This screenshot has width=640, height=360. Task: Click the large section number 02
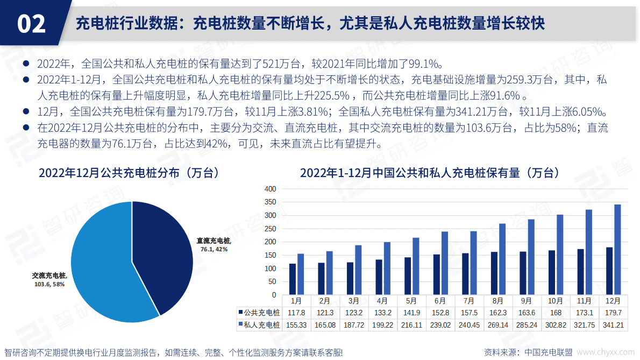(x=32, y=24)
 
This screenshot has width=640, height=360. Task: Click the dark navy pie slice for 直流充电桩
(x=161, y=253)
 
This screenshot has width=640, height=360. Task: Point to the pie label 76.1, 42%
(x=214, y=249)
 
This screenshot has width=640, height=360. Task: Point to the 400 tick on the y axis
(x=270, y=189)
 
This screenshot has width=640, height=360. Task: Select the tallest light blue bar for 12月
(x=617, y=250)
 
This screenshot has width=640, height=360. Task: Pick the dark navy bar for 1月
(x=293, y=279)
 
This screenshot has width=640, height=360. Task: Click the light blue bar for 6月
(x=445, y=263)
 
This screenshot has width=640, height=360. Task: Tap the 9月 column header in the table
(x=527, y=301)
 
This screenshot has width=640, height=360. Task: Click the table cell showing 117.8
(x=296, y=313)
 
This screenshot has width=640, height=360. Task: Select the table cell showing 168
(x=556, y=313)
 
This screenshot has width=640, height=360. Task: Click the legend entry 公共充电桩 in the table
(x=259, y=313)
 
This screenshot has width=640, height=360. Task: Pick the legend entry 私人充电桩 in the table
(x=259, y=325)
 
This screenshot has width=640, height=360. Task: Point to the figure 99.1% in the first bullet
(x=423, y=63)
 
